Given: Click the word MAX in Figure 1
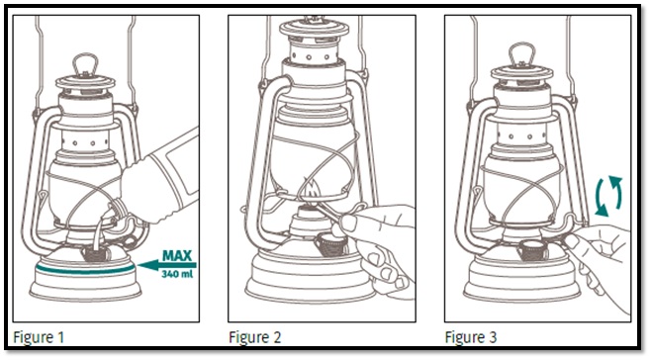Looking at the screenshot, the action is click(x=177, y=255).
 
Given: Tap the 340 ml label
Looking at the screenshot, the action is click(x=177, y=274).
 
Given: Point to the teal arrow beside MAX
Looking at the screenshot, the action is click(x=166, y=265).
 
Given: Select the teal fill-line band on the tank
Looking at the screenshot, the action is click(x=85, y=269).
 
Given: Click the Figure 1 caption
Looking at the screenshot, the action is click(x=39, y=336).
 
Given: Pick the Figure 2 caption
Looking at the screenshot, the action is click(x=255, y=336).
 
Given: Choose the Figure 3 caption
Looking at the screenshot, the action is click(x=471, y=336).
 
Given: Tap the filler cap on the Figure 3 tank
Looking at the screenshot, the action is click(x=531, y=249).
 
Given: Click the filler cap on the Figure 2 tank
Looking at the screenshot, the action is click(x=330, y=245).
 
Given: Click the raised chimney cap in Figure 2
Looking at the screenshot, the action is click(x=314, y=29).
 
